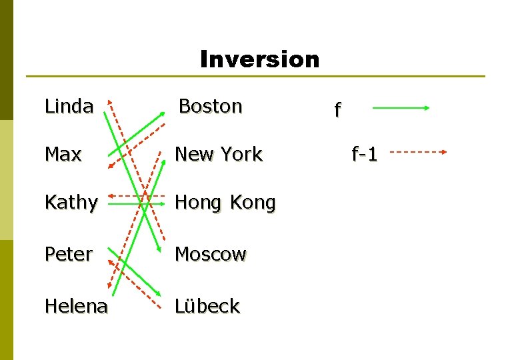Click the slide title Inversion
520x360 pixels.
click(x=259, y=59)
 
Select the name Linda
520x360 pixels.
click(x=69, y=106)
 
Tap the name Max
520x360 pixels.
click(x=63, y=154)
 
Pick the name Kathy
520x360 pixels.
click(x=71, y=203)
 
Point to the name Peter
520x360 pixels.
click(x=68, y=254)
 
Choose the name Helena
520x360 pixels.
click(x=76, y=306)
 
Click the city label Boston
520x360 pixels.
click(x=210, y=106)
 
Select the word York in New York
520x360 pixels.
click(x=241, y=154)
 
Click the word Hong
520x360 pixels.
click(x=197, y=203)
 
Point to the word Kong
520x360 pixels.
click(x=253, y=203)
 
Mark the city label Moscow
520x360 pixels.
click(x=211, y=254)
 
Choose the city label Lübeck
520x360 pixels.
click(x=207, y=306)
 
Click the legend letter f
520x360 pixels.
click(x=337, y=109)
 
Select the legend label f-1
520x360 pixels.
click(x=365, y=155)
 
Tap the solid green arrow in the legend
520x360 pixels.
click(x=400, y=107)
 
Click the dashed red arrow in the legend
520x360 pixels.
click(x=417, y=152)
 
